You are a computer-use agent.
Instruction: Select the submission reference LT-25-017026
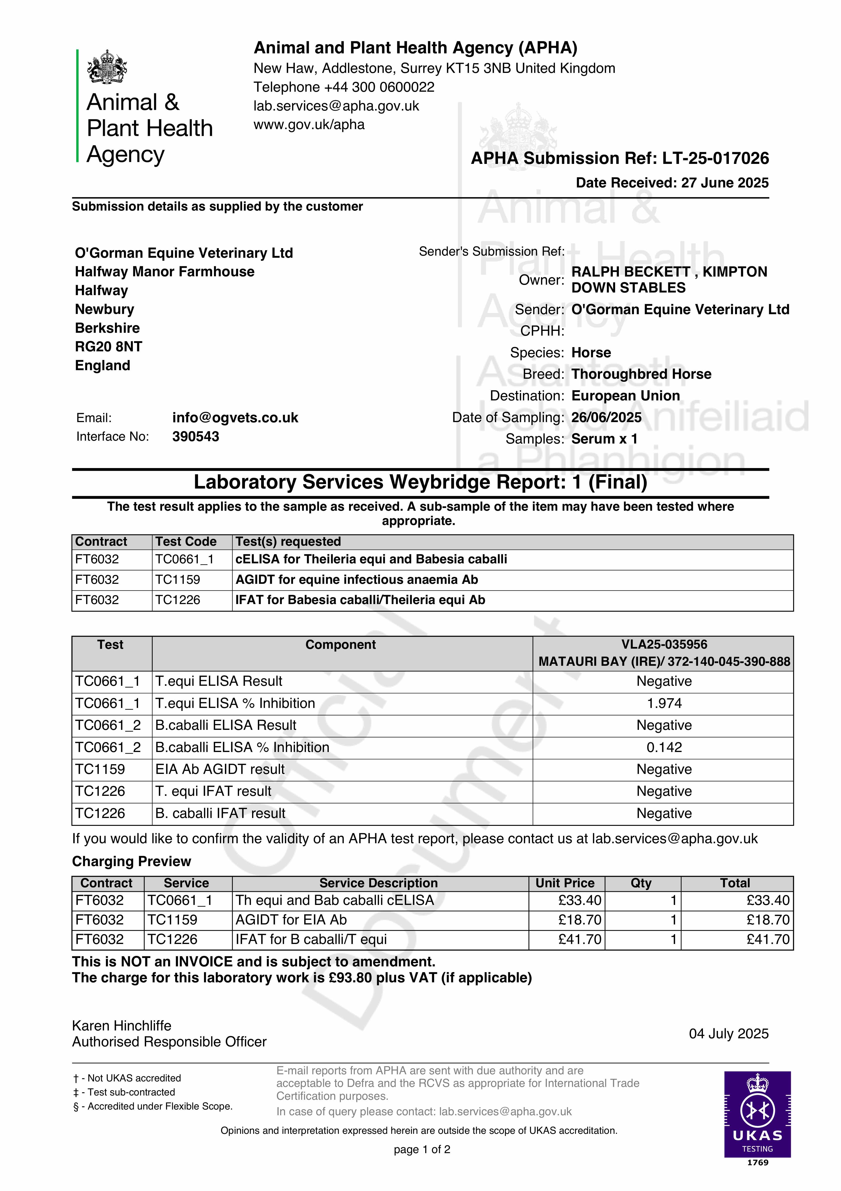(x=716, y=158)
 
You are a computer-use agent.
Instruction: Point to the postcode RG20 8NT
(x=108, y=347)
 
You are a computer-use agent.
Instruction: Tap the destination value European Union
(x=625, y=396)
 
